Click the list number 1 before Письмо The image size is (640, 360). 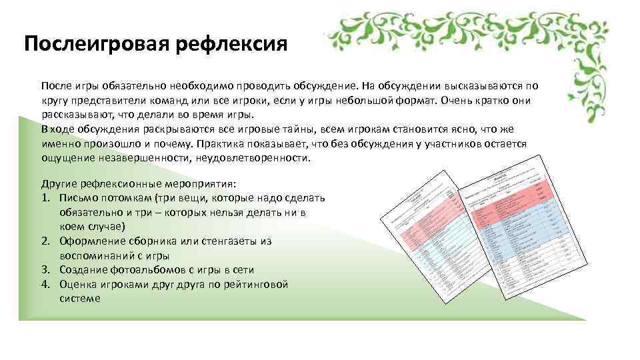45,198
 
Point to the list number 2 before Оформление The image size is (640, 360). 45,241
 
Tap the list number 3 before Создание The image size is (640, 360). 45,270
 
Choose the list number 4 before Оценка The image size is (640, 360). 45,285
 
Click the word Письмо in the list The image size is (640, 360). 78,198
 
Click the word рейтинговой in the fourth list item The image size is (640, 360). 259,285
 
